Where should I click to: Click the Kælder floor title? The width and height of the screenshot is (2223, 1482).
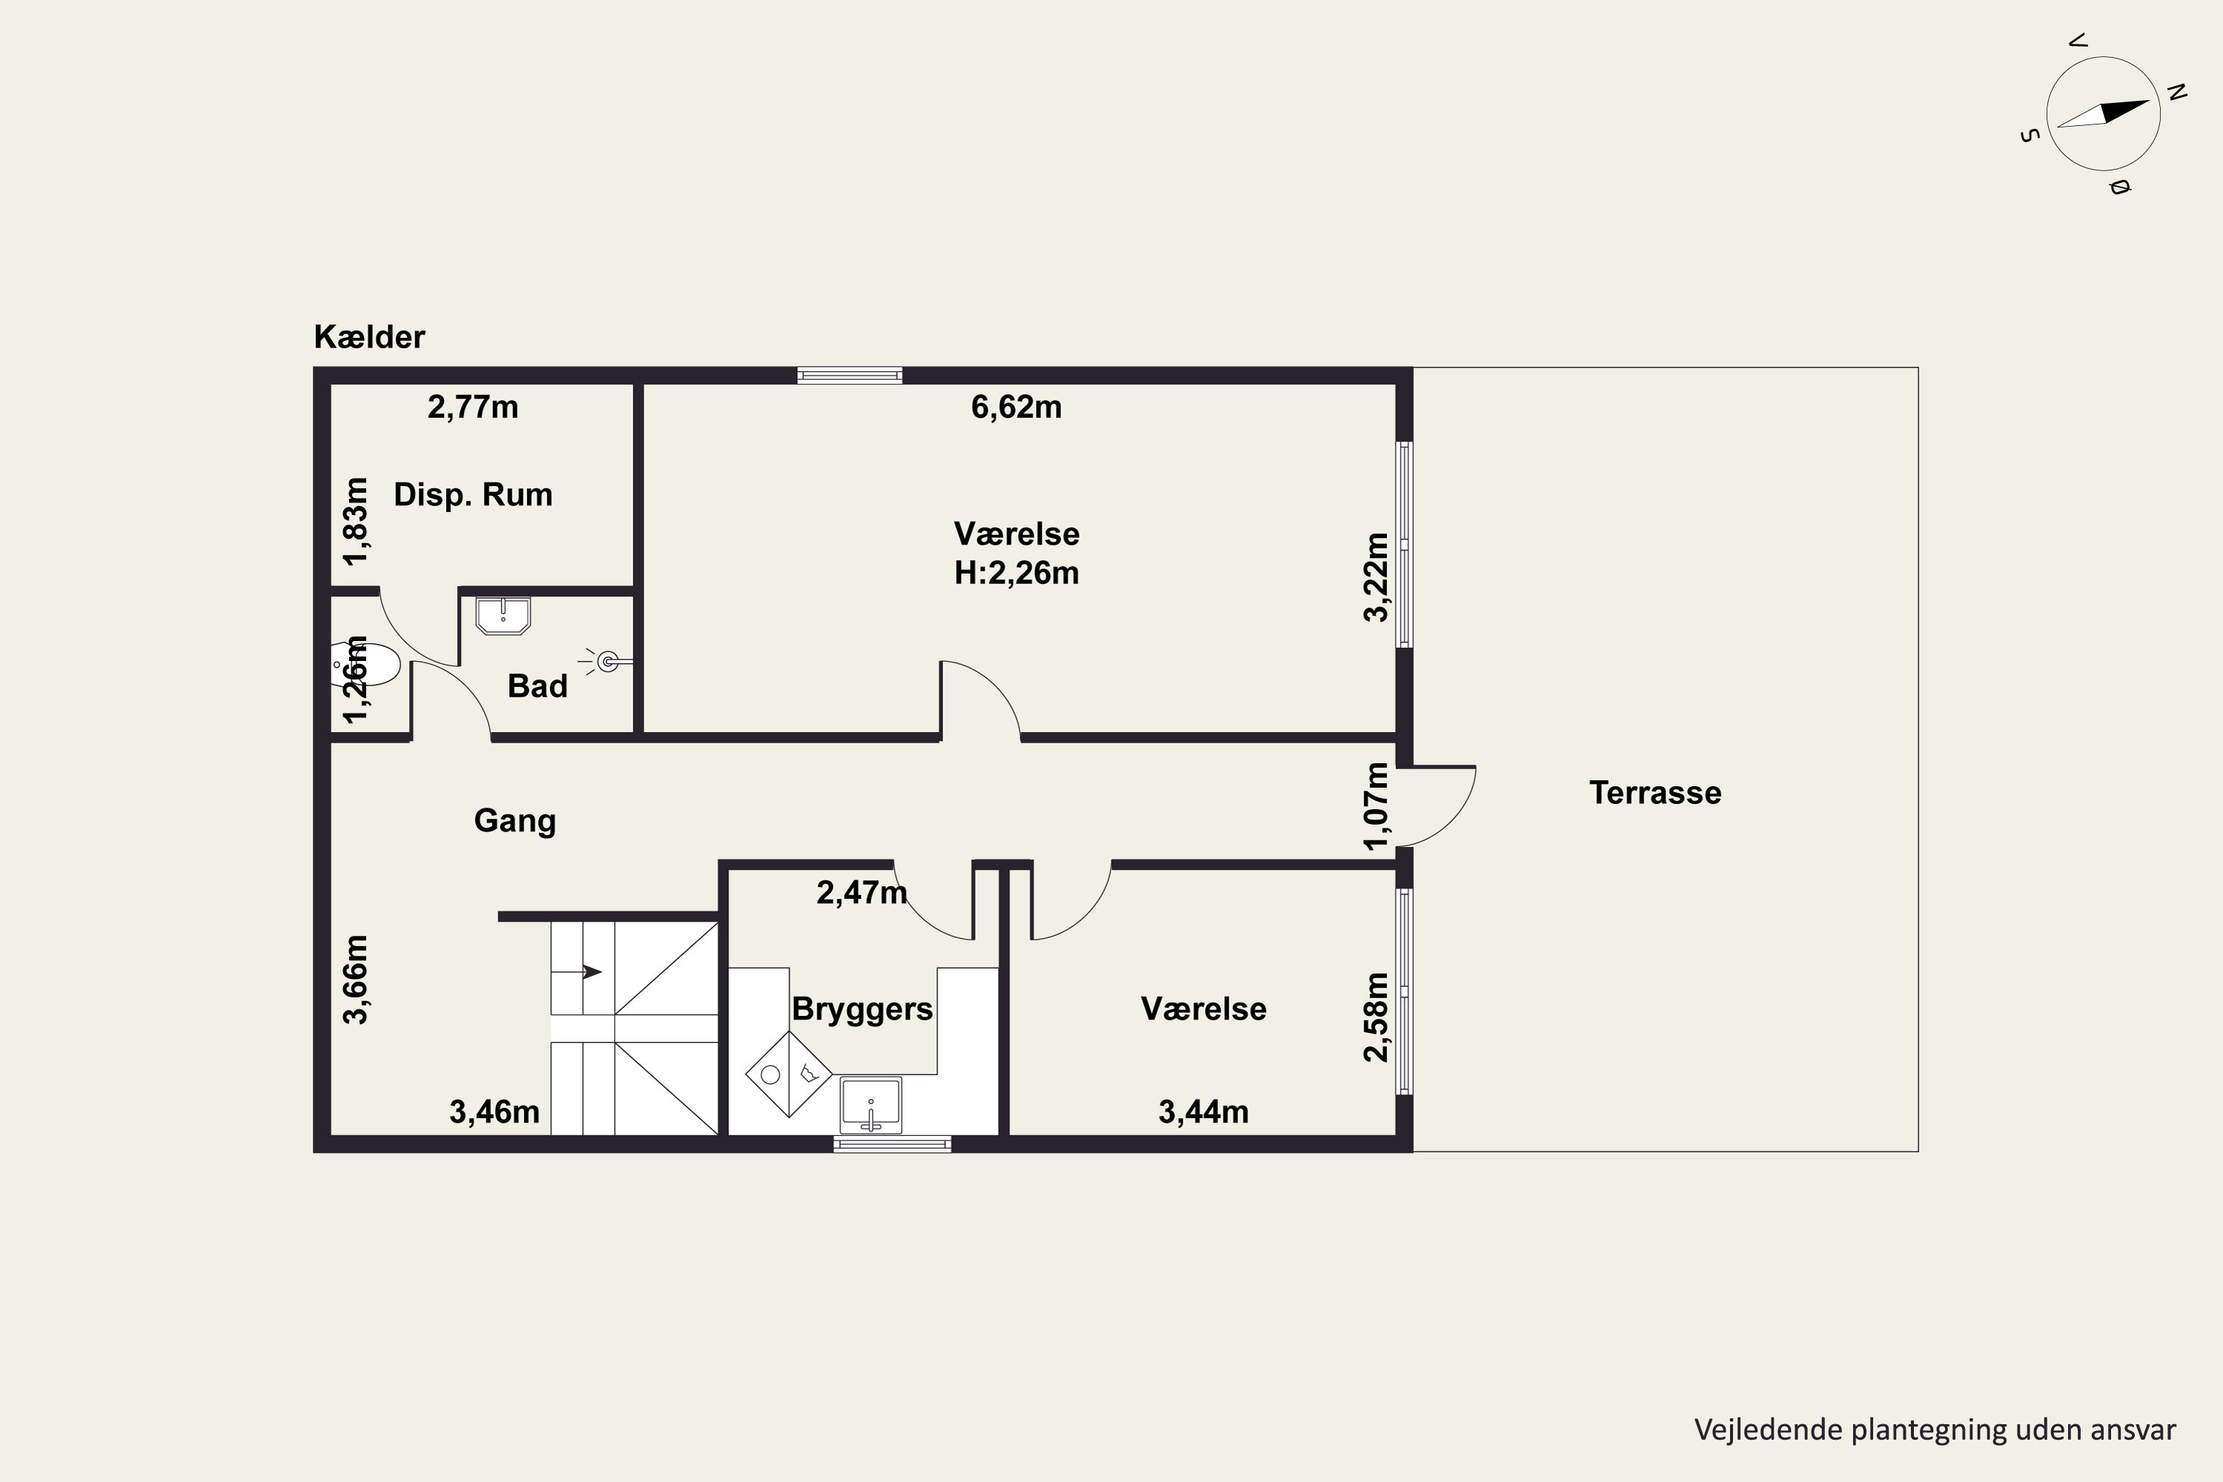(370, 336)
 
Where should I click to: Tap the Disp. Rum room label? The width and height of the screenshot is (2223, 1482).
(473, 494)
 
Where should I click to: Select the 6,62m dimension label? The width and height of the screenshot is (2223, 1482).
(1016, 408)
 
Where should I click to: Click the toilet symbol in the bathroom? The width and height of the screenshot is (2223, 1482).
(367, 665)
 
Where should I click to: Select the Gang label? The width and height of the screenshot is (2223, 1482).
(515, 820)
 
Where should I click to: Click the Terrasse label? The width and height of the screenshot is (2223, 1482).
(1655, 793)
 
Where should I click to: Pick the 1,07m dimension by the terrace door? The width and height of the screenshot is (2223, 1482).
(1377, 806)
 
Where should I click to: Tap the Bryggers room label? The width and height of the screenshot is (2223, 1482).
(862, 1009)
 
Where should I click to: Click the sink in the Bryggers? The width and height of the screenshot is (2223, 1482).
(871, 1105)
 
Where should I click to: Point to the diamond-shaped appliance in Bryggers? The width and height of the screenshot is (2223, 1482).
(789, 1074)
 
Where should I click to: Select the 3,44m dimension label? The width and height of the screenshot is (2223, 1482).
(1203, 1112)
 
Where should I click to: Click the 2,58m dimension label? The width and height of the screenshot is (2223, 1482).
(1377, 1017)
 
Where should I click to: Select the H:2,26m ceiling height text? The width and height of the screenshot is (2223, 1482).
(1016, 573)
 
